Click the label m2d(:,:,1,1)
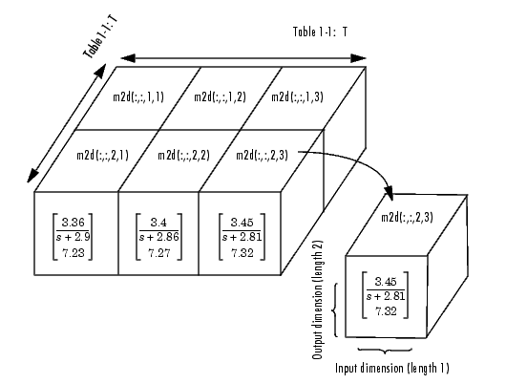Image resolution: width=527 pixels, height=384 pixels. [138, 96]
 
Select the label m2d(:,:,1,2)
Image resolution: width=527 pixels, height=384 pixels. [221, 96]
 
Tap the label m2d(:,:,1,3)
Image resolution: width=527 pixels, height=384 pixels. [298, 96]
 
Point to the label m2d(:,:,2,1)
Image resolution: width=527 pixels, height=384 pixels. [102, 155]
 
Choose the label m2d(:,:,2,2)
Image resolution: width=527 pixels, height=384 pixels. [184, 155]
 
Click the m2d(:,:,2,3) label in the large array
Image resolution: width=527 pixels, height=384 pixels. [263, 155]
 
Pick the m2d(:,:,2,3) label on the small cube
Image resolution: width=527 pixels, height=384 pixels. [407, 217]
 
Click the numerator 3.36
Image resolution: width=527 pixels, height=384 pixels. [74, 223]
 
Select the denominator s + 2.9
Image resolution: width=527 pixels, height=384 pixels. [74, 237]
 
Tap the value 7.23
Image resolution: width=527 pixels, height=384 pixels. [74, 252]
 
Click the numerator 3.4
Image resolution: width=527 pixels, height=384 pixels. [158, 223]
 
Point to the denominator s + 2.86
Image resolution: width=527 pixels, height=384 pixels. [159, 237]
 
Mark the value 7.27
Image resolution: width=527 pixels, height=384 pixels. [159, 252]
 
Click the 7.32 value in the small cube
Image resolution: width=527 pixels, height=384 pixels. [386, 311]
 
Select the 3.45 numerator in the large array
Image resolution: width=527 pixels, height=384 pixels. [242, 223]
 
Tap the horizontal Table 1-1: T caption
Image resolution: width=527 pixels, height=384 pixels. [320, 32]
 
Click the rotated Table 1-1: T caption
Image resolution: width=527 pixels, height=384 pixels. [101, 37]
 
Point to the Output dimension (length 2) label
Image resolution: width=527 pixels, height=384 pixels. [318, 300]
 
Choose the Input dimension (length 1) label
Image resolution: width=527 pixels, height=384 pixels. [392, 368]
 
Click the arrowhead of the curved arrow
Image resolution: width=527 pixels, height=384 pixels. [389, 193]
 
